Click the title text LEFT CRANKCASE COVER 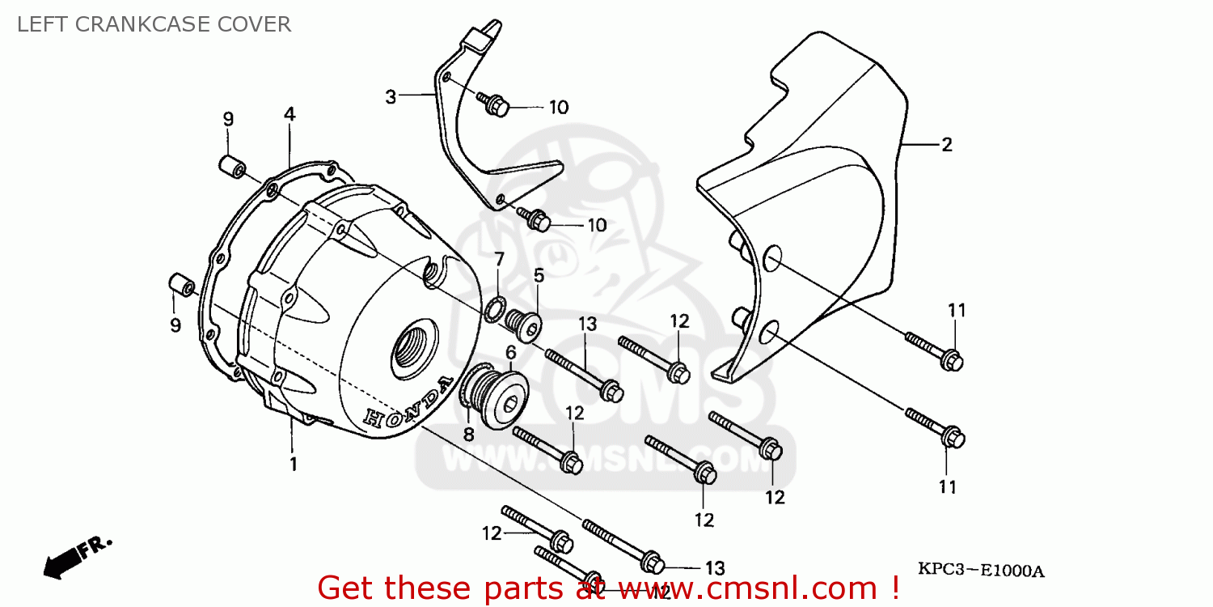[x=154, y=24]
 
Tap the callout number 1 [x=294, y=465]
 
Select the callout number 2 [x=947, y=145]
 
